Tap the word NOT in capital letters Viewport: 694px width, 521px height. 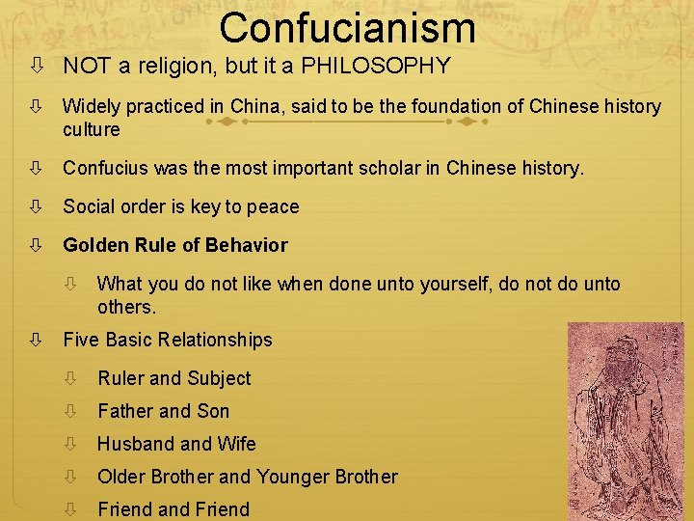(84, 66)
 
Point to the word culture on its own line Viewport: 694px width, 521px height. (92, 129)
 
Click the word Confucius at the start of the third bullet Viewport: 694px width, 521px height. (102, 168)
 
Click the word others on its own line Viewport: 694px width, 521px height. (125, 307)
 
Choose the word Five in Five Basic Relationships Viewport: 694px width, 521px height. (81, 340)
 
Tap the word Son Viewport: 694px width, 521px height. (213, 411)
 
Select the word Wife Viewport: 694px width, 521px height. (236, 444)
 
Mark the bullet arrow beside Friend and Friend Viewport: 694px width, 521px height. (69, 509)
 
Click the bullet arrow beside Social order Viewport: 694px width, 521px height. (35, 206)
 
